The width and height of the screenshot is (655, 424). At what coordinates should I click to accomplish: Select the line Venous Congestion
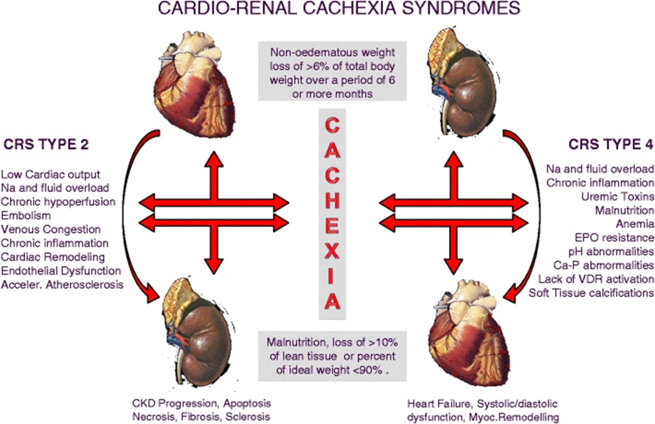51,229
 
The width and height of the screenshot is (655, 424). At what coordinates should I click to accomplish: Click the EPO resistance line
615,237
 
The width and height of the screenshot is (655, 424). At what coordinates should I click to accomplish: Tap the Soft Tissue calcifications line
591,293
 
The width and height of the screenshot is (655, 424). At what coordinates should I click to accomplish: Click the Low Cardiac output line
51,175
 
